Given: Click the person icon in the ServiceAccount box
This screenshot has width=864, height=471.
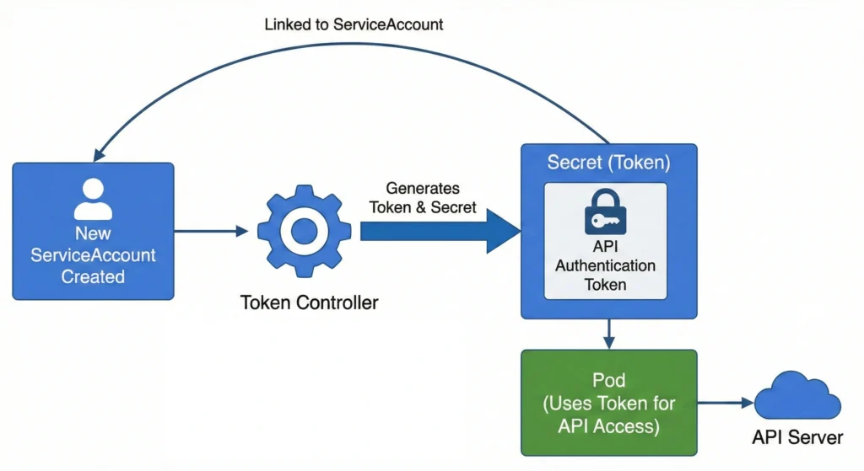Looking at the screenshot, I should (93, 199).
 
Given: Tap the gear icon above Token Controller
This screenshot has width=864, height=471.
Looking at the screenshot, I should (304, 230).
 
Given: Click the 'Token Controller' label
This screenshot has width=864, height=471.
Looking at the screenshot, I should (309, 302).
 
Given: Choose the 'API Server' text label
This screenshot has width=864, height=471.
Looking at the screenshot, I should (797, 437).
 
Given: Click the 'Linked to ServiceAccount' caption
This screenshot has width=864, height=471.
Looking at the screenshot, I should (354, 24).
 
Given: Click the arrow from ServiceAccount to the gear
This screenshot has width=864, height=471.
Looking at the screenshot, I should (211, 230).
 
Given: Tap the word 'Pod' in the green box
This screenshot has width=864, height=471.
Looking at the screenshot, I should (609, 381).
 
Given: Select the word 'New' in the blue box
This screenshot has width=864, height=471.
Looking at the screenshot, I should (93, 233).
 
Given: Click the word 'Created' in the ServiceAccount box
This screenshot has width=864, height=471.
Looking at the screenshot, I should (93, 276).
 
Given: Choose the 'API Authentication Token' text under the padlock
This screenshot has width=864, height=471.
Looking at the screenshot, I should (605, 265).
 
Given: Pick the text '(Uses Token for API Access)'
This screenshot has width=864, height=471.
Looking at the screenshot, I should (609, 415).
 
